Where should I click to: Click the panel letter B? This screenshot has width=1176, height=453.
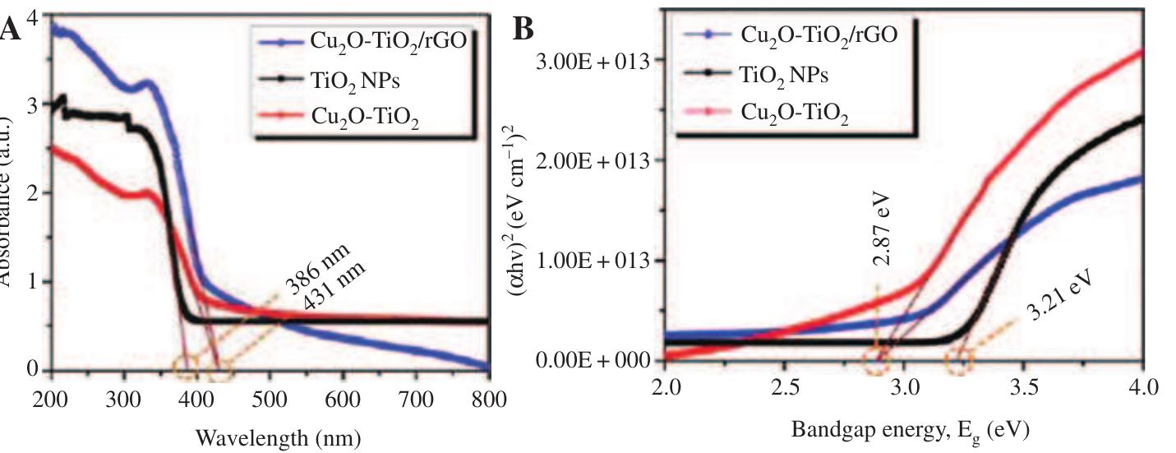(523, 30)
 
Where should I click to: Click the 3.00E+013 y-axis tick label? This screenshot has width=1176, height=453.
(587, 60)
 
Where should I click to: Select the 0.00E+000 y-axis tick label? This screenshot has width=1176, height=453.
(587, 360)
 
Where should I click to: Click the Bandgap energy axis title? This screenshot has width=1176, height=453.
(910, 429)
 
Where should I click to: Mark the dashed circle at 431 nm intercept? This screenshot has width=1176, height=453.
(219, 369)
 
